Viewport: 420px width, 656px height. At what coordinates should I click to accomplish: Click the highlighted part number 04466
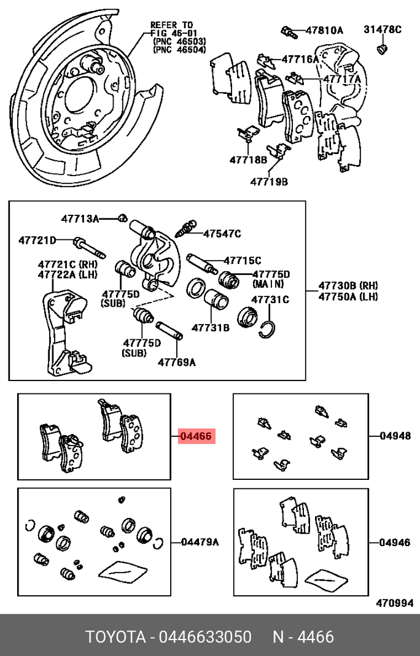(196, 437)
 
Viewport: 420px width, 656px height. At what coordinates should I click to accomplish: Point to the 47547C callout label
(222, 233)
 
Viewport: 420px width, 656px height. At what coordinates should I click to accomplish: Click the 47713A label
(80, 218)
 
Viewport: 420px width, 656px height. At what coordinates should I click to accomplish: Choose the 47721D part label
(37, 240)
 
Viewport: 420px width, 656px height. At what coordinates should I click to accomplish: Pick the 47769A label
(176, 362)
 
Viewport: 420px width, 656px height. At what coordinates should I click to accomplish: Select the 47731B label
(210, 328)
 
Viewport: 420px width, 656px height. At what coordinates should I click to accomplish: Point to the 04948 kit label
(395, 436)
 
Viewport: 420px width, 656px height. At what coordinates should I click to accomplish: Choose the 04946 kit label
(395, 542)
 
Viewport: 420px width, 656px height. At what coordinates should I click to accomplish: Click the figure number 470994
(394, 603)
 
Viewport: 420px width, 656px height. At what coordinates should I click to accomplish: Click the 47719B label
(268, 182)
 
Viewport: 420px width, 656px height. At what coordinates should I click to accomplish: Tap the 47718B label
(248, 160)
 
